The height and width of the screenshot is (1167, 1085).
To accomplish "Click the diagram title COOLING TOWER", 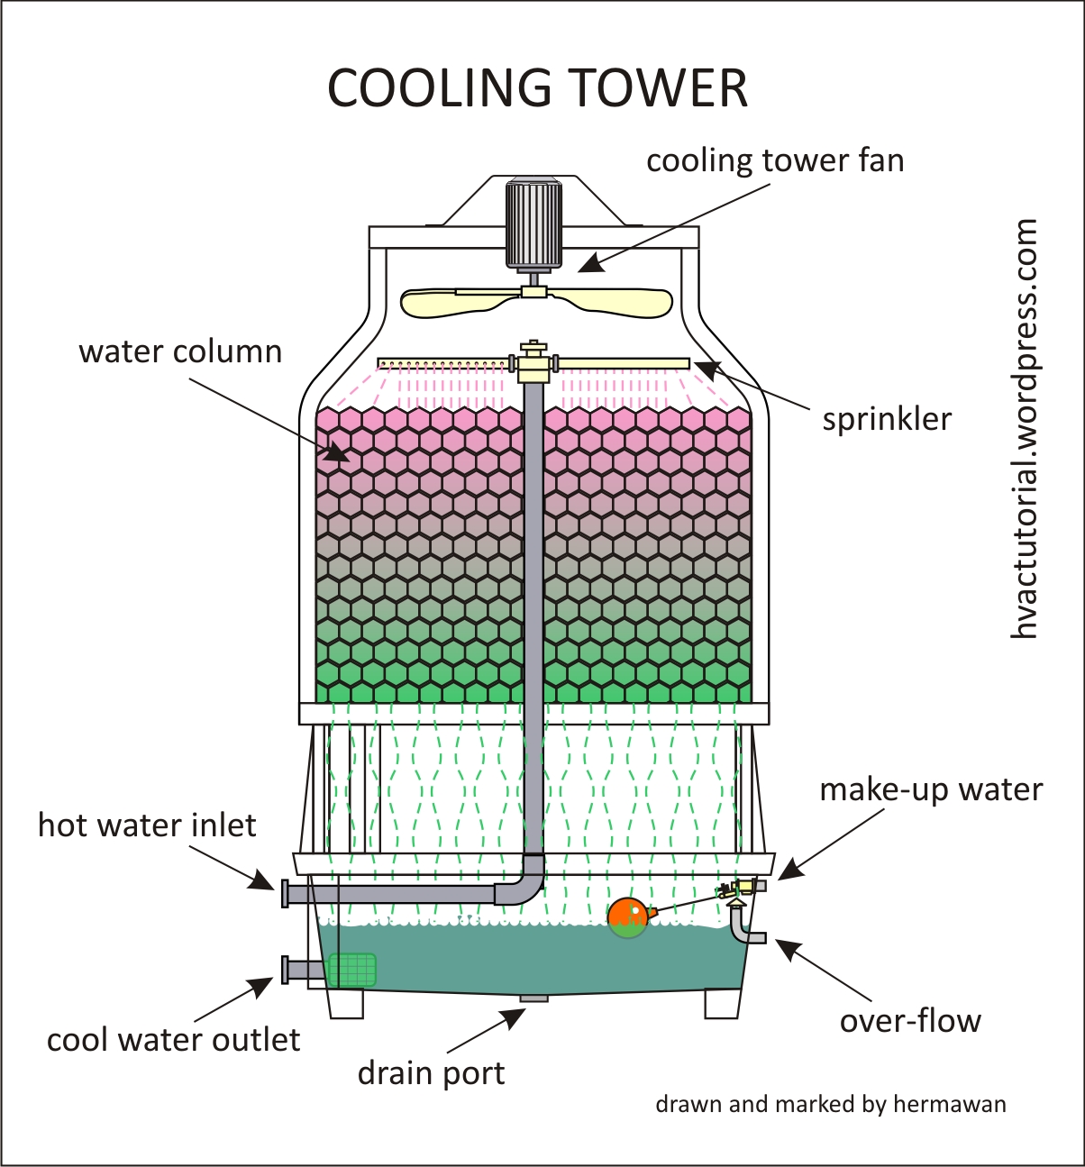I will pos(537,88).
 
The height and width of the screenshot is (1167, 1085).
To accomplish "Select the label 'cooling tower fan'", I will pos(774,160).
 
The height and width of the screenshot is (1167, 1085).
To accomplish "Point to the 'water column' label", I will pos(180,351).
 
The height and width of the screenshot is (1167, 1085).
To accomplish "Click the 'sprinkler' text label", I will pos(886,419).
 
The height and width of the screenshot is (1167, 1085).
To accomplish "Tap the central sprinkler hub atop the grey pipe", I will pos(533,362).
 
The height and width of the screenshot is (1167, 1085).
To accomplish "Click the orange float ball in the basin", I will pos(627,917).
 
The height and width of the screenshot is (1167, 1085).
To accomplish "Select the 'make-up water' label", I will pos(930,789).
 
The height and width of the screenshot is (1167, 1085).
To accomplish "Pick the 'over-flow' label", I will pos(909,1021).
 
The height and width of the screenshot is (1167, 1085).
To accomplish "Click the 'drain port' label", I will pos(431,1073).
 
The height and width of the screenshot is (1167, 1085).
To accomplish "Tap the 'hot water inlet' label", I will pos(147,825).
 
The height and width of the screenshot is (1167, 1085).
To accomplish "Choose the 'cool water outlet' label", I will pos(173,1040).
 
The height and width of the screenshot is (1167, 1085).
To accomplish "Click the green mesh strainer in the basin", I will pos(351,970).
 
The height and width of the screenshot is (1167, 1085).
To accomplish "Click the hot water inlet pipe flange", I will pos(285,894).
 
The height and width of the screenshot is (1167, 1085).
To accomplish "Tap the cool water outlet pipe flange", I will pos(285,970).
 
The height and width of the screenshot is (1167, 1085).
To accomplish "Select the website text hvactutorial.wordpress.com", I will pos(1024,429).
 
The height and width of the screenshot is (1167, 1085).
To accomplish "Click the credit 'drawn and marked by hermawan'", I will pos(830,1104).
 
